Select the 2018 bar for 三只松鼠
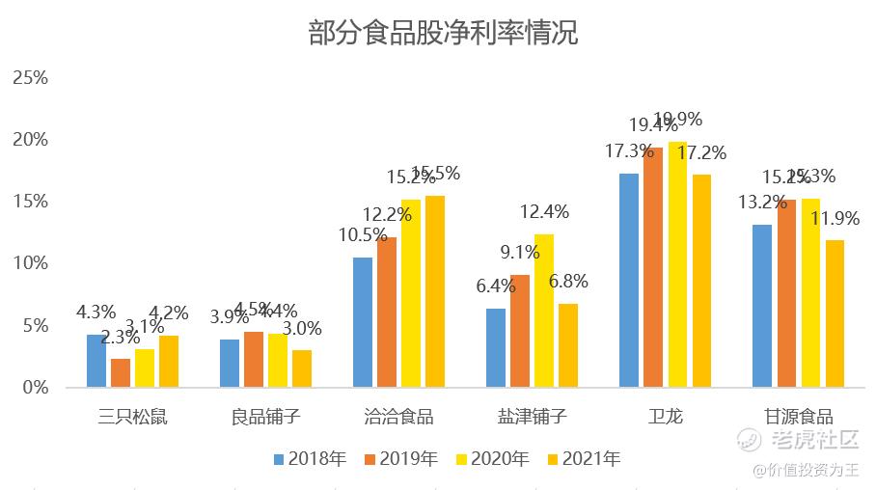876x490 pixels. click(x=96, y=361)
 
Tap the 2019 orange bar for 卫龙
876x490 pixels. click(x=653, y=267)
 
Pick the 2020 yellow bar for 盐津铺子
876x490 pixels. click(x=544, y=311)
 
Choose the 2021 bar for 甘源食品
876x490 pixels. click(x=835, y=313)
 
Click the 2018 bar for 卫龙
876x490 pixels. click(x=629, y=280)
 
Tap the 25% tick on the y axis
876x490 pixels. click(x=29, y=77)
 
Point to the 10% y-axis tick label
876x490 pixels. click(x=29, y=263)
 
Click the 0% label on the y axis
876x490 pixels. click(x=34, y=388)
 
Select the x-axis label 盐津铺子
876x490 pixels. click(x=532, y=418)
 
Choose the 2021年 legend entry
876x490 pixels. click(x=582, y=459)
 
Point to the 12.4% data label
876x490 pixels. click(x=544, y=212)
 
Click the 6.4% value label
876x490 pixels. click(x=495, y=286)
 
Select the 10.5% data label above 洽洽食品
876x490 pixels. click(x=363, y=235)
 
